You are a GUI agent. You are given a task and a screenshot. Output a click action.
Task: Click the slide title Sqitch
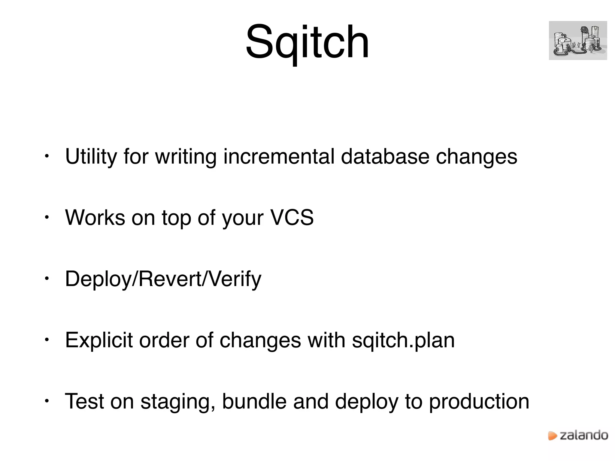pyautogui.click(x=307, y=42)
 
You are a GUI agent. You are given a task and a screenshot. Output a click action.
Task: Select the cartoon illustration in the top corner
pyautogui.click(x=578, y=41)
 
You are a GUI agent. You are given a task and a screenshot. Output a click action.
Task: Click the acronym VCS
pyautogui.click(x=292, y=217)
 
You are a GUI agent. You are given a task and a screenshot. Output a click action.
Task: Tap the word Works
pyautogui.click(x=95, y=217)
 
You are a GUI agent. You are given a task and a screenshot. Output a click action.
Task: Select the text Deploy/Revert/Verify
pyautogui.click(x=163, y=279)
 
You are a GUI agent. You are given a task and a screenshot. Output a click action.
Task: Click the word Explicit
pyautogui.click(x=99, y=340)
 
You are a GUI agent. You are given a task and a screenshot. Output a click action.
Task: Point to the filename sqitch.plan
pyautogui.click(x=403, y=340)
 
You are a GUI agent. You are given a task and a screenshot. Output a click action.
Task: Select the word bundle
pyautogui.click(x=254, y=402)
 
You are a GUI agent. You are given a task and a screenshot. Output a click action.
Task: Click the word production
pyautogui.click(x=479, y=402)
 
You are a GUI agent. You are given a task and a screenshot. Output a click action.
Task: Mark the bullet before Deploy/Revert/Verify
pyautogui.click(x=46, y=279)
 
